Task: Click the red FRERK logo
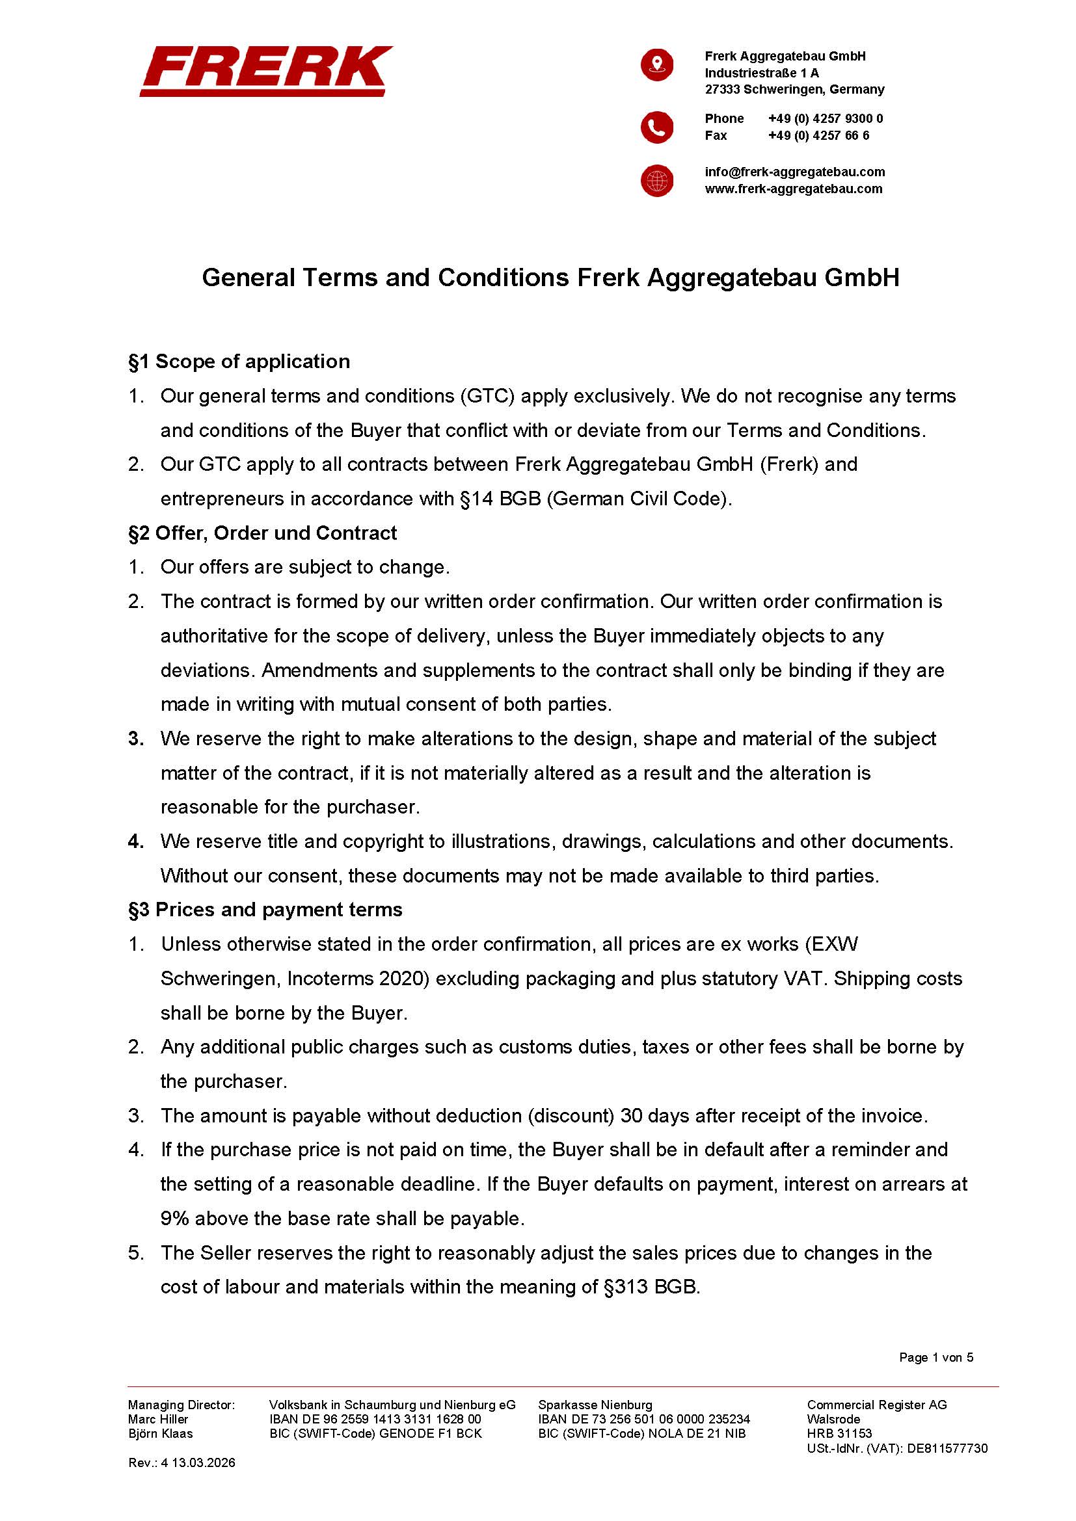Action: pyautogui.click(x=265, y=71)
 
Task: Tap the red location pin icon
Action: pyautogui.click(x=656, y=65)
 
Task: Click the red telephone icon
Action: pyautogui.click(x=656, y=127)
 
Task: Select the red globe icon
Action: pyautogui.click(x=656, y=181)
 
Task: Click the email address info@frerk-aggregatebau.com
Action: pyautogui.click(x=794, y=172)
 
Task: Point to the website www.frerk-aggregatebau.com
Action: pyautogui.click(x=793, y=189)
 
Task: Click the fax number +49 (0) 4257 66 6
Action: pyautogui.click(x=818, y=136)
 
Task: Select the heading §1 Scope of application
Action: pyautogui.click(x=239, y=362)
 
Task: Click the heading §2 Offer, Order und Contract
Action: pyautogui.click(x=262, y=533)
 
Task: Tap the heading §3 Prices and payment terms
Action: pyautogui.click(x=265, y=910)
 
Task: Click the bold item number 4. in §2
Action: pyautogui.click(x=136, y=841)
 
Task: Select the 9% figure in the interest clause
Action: pyautogui.click(x=174, y=1219)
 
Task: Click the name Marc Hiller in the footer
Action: pyautogui.click(x=157, y=1419)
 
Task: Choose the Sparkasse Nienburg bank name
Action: pyautogui.click(x=595, y=1405)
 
